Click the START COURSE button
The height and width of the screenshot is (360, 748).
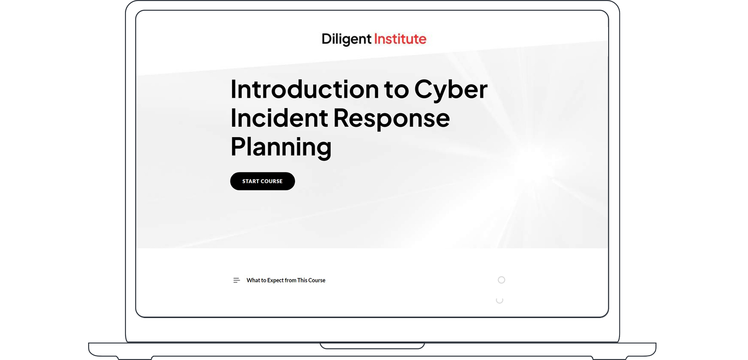(262, 181)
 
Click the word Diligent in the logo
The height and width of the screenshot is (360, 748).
(346, 39)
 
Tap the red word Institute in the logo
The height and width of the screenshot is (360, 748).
(400, 39)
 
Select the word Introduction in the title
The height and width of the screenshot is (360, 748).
(304, 89)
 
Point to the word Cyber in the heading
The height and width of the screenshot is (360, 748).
(450, 89)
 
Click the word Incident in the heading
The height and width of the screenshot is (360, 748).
(279, 118)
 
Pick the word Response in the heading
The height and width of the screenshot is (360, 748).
(391, 118)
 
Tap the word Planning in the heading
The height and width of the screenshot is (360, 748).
(281, 147)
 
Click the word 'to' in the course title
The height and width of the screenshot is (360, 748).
(396, 89)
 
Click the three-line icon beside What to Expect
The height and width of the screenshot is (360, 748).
(236, 280)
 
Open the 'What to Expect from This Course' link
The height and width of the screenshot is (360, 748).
(286, 280)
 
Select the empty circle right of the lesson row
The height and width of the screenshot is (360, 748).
(501, 280)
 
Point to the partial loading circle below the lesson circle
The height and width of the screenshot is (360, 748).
(500, 300)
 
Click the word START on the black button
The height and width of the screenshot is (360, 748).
(250, 181)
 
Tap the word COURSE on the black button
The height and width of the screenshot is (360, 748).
(272, 181)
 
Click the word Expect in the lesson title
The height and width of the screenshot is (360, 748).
(275, 280)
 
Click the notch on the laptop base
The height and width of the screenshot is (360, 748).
(372, 346)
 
